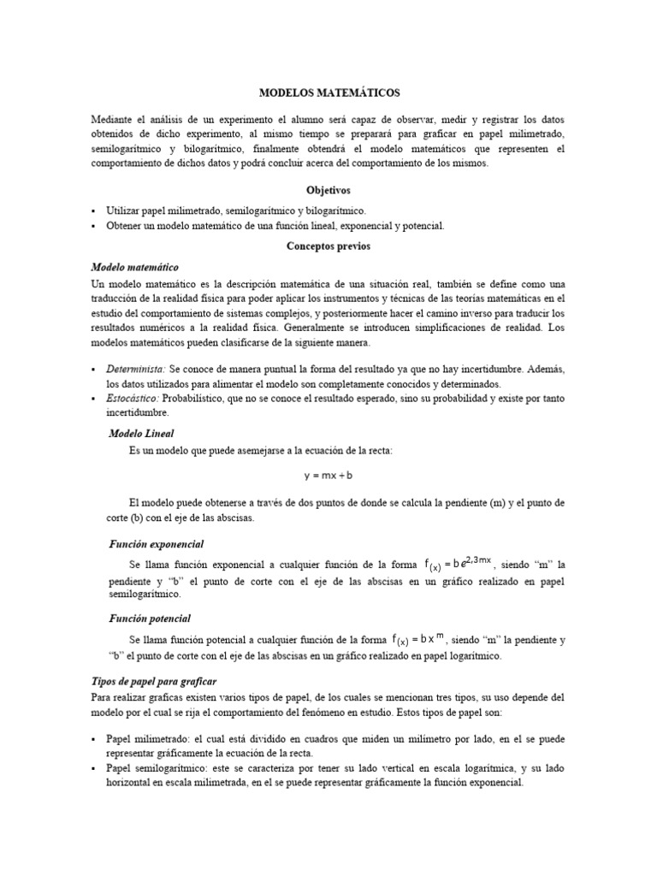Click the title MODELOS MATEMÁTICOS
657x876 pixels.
(328, 92)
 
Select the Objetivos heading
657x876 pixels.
(328, 190)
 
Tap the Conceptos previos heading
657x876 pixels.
(328, 246)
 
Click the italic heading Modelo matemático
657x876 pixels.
(134, 267)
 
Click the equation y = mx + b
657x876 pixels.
(328, 475)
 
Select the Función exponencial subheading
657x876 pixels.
(156, 544)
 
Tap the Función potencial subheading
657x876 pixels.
(150, 618)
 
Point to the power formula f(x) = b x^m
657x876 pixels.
(419, 638)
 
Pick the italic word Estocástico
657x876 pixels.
(133, 399)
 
